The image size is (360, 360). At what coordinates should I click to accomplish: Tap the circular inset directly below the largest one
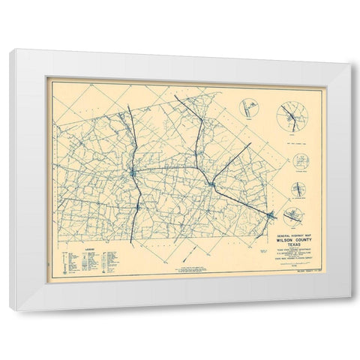click(301, 163)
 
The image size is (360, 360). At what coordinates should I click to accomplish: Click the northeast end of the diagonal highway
click(250, 142)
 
